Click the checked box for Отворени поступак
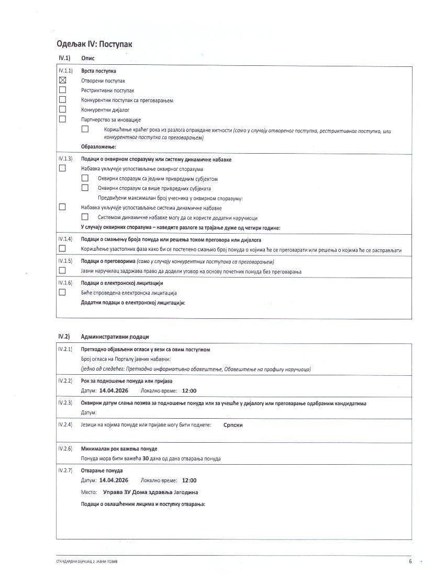click(x=62, y=80)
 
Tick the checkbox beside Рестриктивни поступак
click(x=62, y=90)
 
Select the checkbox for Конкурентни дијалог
click(x=62, y=109)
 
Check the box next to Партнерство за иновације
click(x=62, y=119)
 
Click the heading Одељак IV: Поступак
click(x=94, y=44)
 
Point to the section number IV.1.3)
click(x=65, y=159)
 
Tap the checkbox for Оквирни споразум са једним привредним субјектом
click(x=85, y=178)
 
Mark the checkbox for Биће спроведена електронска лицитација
click(x=62, y=293)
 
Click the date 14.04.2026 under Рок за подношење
click(x=114, y=390)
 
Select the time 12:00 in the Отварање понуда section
click(x=189, y=480)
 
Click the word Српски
click(x=233, y=425)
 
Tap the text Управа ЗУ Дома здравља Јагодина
click(x=151, y=492)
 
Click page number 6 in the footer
click(x=410, y=561)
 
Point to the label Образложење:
click(x=98, y=147)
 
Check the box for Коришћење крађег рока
click(x=85, y=129)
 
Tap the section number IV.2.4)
click(x=65, y=424)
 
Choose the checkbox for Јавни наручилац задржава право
click(x=62, y=271)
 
